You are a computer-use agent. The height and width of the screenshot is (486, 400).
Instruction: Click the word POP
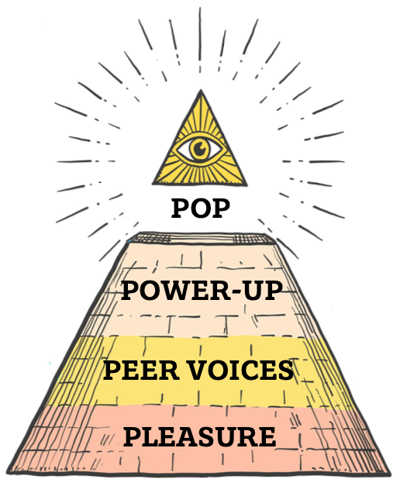[201, 209]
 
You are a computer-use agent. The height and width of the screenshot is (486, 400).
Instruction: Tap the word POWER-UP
[202, 291]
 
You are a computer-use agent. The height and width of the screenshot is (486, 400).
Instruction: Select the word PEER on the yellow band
[141, 370]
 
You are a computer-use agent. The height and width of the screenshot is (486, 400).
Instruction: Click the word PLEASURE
[200, 436]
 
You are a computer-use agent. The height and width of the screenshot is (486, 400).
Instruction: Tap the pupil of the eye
[198, 148]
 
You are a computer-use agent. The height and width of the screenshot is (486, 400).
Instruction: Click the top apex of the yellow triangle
[201, 90]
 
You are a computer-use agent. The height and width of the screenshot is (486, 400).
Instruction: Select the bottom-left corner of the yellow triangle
[153, 184]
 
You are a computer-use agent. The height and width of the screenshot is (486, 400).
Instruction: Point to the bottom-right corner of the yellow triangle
[247, 185]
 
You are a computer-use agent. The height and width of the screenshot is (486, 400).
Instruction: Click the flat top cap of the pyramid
[201, 238]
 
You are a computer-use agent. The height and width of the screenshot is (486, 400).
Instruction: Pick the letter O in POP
[201, 209]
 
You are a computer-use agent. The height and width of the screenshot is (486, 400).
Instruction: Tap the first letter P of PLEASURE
[133, 436]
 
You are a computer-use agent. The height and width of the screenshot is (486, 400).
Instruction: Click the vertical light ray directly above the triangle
[200, 34]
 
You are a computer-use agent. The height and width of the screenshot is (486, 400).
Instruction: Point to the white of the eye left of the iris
[184, 150]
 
